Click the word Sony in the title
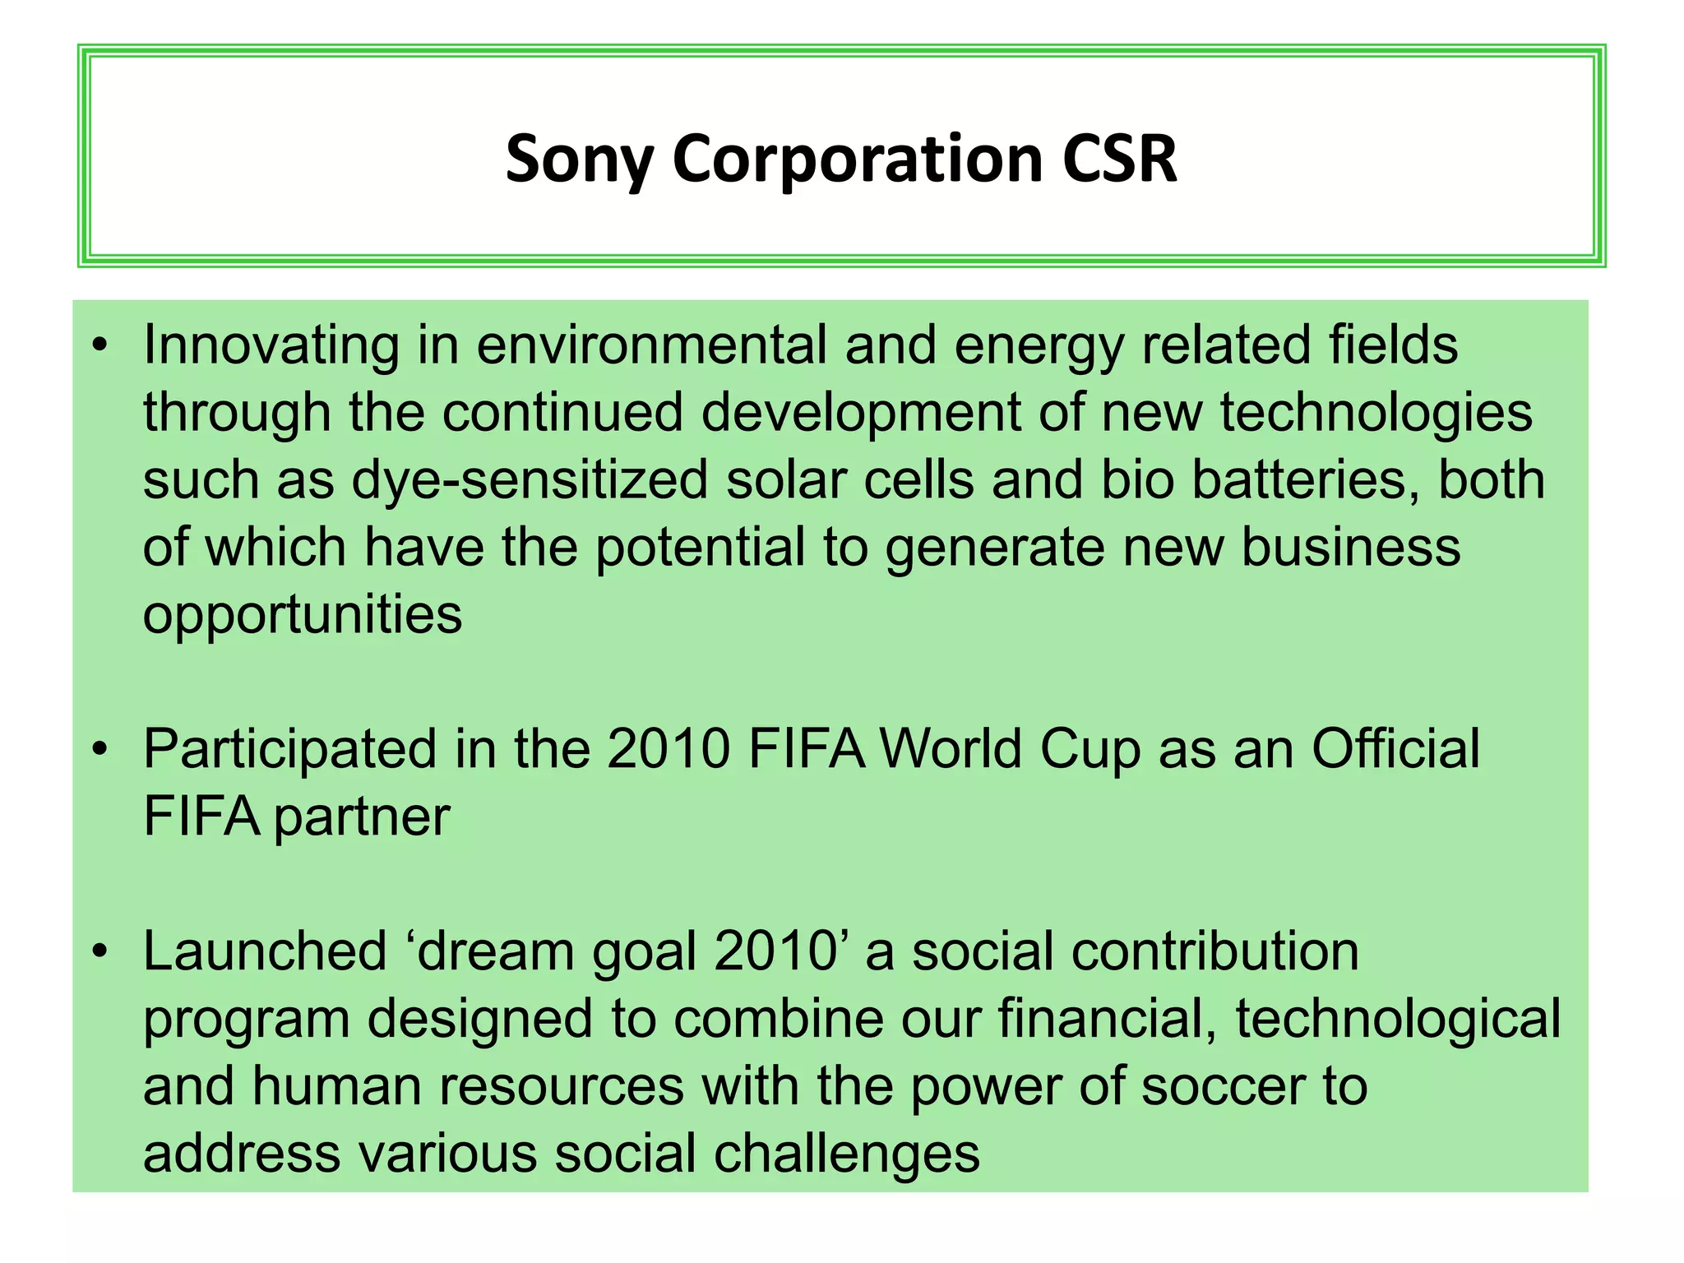pyautogui.click(x=579, y=160)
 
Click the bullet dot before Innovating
pyautogui.click(x=100, y=345)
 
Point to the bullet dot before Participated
pyautogui.click(x=100, y=750)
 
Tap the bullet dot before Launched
pyautogui.click(x=100, y=952)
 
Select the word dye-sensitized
pyautogui.click(x=530, y=480)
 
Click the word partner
pyautogui.click(x=362, y=819)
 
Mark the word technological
pyautogui.click(x=1398, y=1020)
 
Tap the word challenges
pyautogui.click(x=847, y=1154)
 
